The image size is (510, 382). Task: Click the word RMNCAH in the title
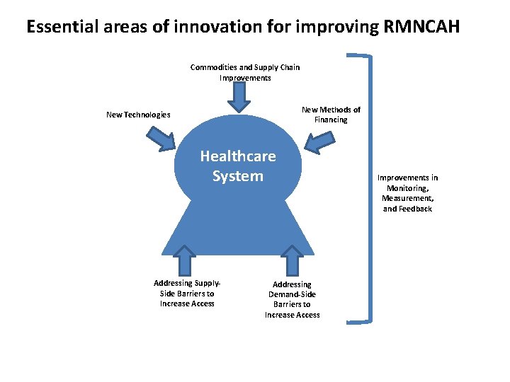pos(424,28)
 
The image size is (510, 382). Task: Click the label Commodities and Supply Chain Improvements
pos(245,72)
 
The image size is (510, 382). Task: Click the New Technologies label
pos(138,115)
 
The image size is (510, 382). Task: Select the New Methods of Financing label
pos(331,115)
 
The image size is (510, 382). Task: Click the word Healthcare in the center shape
pos(238,156)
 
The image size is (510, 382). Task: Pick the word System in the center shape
pos(238,175)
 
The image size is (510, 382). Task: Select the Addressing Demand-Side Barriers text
pos(293,299)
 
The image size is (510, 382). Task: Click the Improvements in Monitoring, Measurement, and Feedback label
pos(407,193)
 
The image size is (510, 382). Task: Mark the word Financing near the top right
pos(331,120)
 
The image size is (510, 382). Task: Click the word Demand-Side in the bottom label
pos(293,294)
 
